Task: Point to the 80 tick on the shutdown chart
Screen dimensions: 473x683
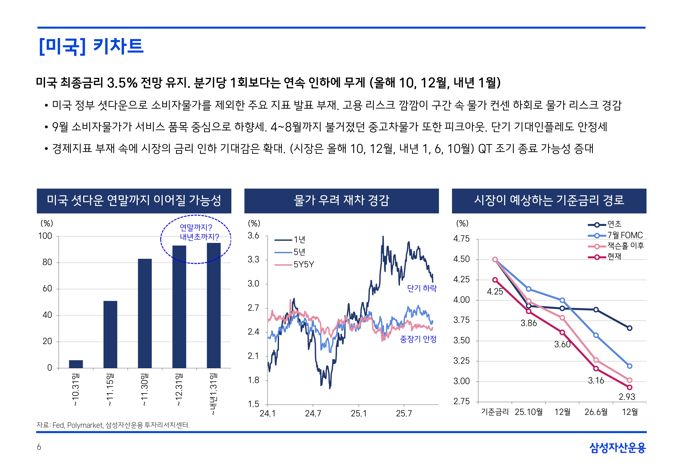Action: pyautogui.click(x=47, y=262)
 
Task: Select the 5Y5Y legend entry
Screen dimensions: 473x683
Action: pyautogui.click(x=304, y=264)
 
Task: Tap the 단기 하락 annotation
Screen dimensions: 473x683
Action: pyautogui.click(x=422, y=288)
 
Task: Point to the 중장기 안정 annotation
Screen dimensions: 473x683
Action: pyautogui.click(x=418, y=339)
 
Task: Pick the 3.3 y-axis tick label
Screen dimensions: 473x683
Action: pyautogui.click(x=253, y=260)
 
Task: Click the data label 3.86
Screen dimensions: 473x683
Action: pyautogui.click(x=529, y=323)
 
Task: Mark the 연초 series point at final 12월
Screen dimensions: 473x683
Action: pyautogui.click(x=630, y=328)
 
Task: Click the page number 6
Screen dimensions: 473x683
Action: pyautogui.click(x=39, y=447)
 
